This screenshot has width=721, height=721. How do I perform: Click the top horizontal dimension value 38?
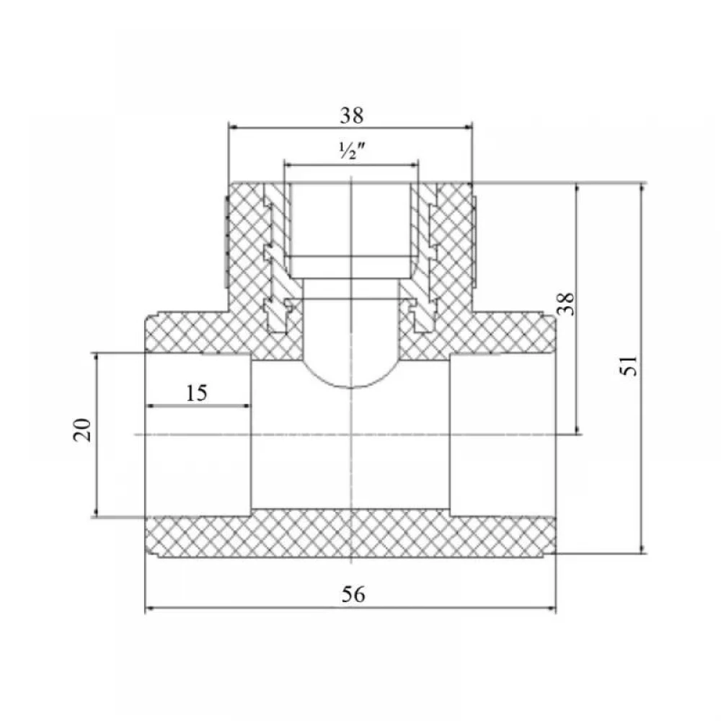[352, 115]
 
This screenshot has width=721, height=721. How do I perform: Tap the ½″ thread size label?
[352, 151]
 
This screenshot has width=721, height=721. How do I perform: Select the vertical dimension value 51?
[629, 366]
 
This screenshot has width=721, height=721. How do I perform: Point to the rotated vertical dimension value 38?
[566, 304]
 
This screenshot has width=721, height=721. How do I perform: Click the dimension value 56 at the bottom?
[353, 594]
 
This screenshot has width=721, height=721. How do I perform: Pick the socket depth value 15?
[197, 393]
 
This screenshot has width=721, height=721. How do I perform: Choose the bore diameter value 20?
[82, 430]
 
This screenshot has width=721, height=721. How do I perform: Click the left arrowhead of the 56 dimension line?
[149, 609]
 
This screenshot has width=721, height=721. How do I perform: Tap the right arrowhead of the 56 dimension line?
[552, 609]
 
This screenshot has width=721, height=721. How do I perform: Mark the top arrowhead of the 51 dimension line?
[642, 187]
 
